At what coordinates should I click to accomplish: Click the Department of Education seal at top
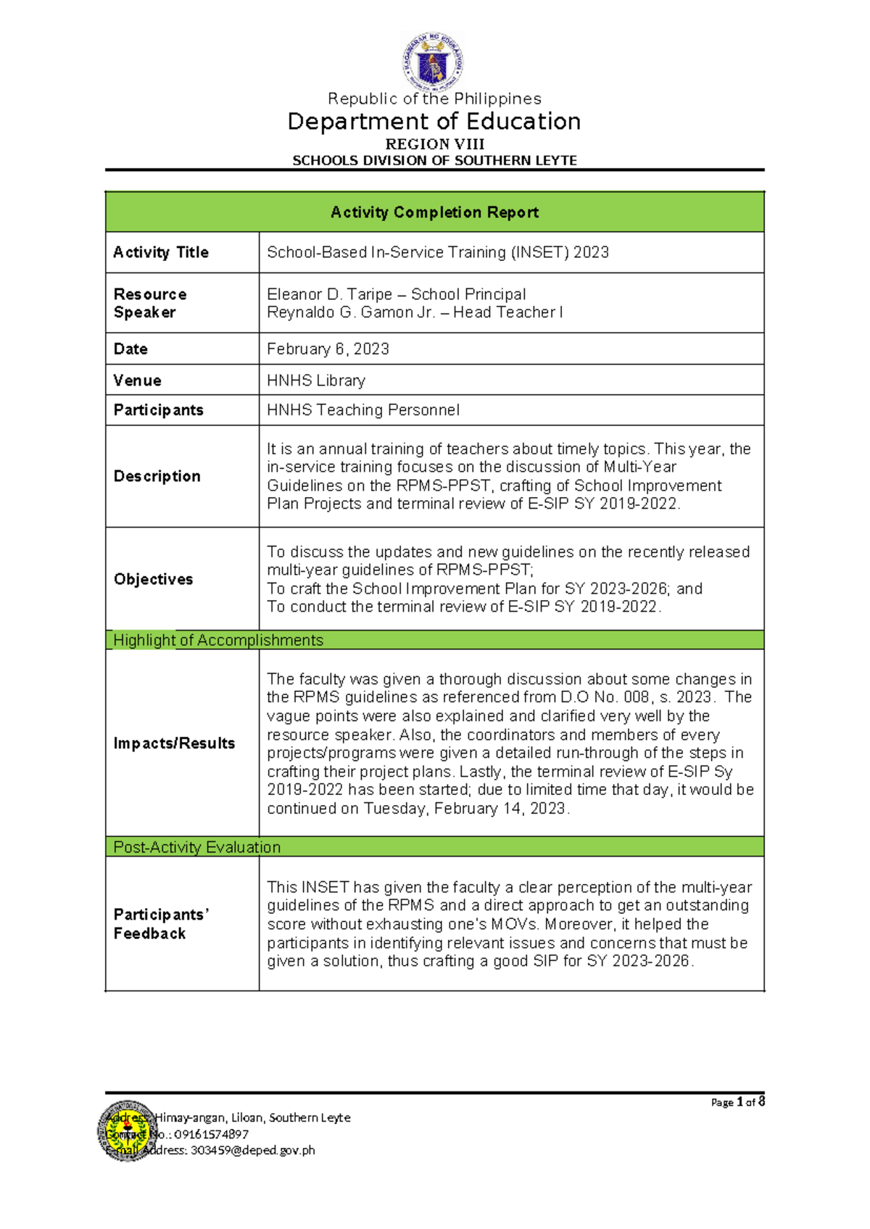(434, 62)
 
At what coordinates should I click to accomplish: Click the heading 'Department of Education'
(434, 121)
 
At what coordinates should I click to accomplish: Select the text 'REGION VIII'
(434, 144)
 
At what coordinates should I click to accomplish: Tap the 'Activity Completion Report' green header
(434, 212)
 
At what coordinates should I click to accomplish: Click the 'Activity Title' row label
(161, 252)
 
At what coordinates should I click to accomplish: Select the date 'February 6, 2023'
(328, 349)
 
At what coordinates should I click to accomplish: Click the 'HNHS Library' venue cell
(316, 380)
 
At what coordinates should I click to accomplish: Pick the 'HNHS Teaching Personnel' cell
(363, 410)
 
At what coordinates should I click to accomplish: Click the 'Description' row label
(157, 476)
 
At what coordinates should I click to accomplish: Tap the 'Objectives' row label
(154, 579)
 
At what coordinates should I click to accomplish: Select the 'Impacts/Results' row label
(174, 743)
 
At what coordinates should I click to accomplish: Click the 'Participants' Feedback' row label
(161, 924)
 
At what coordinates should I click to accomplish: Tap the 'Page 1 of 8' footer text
(737, 1102)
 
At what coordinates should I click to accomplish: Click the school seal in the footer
(127, 1131)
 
